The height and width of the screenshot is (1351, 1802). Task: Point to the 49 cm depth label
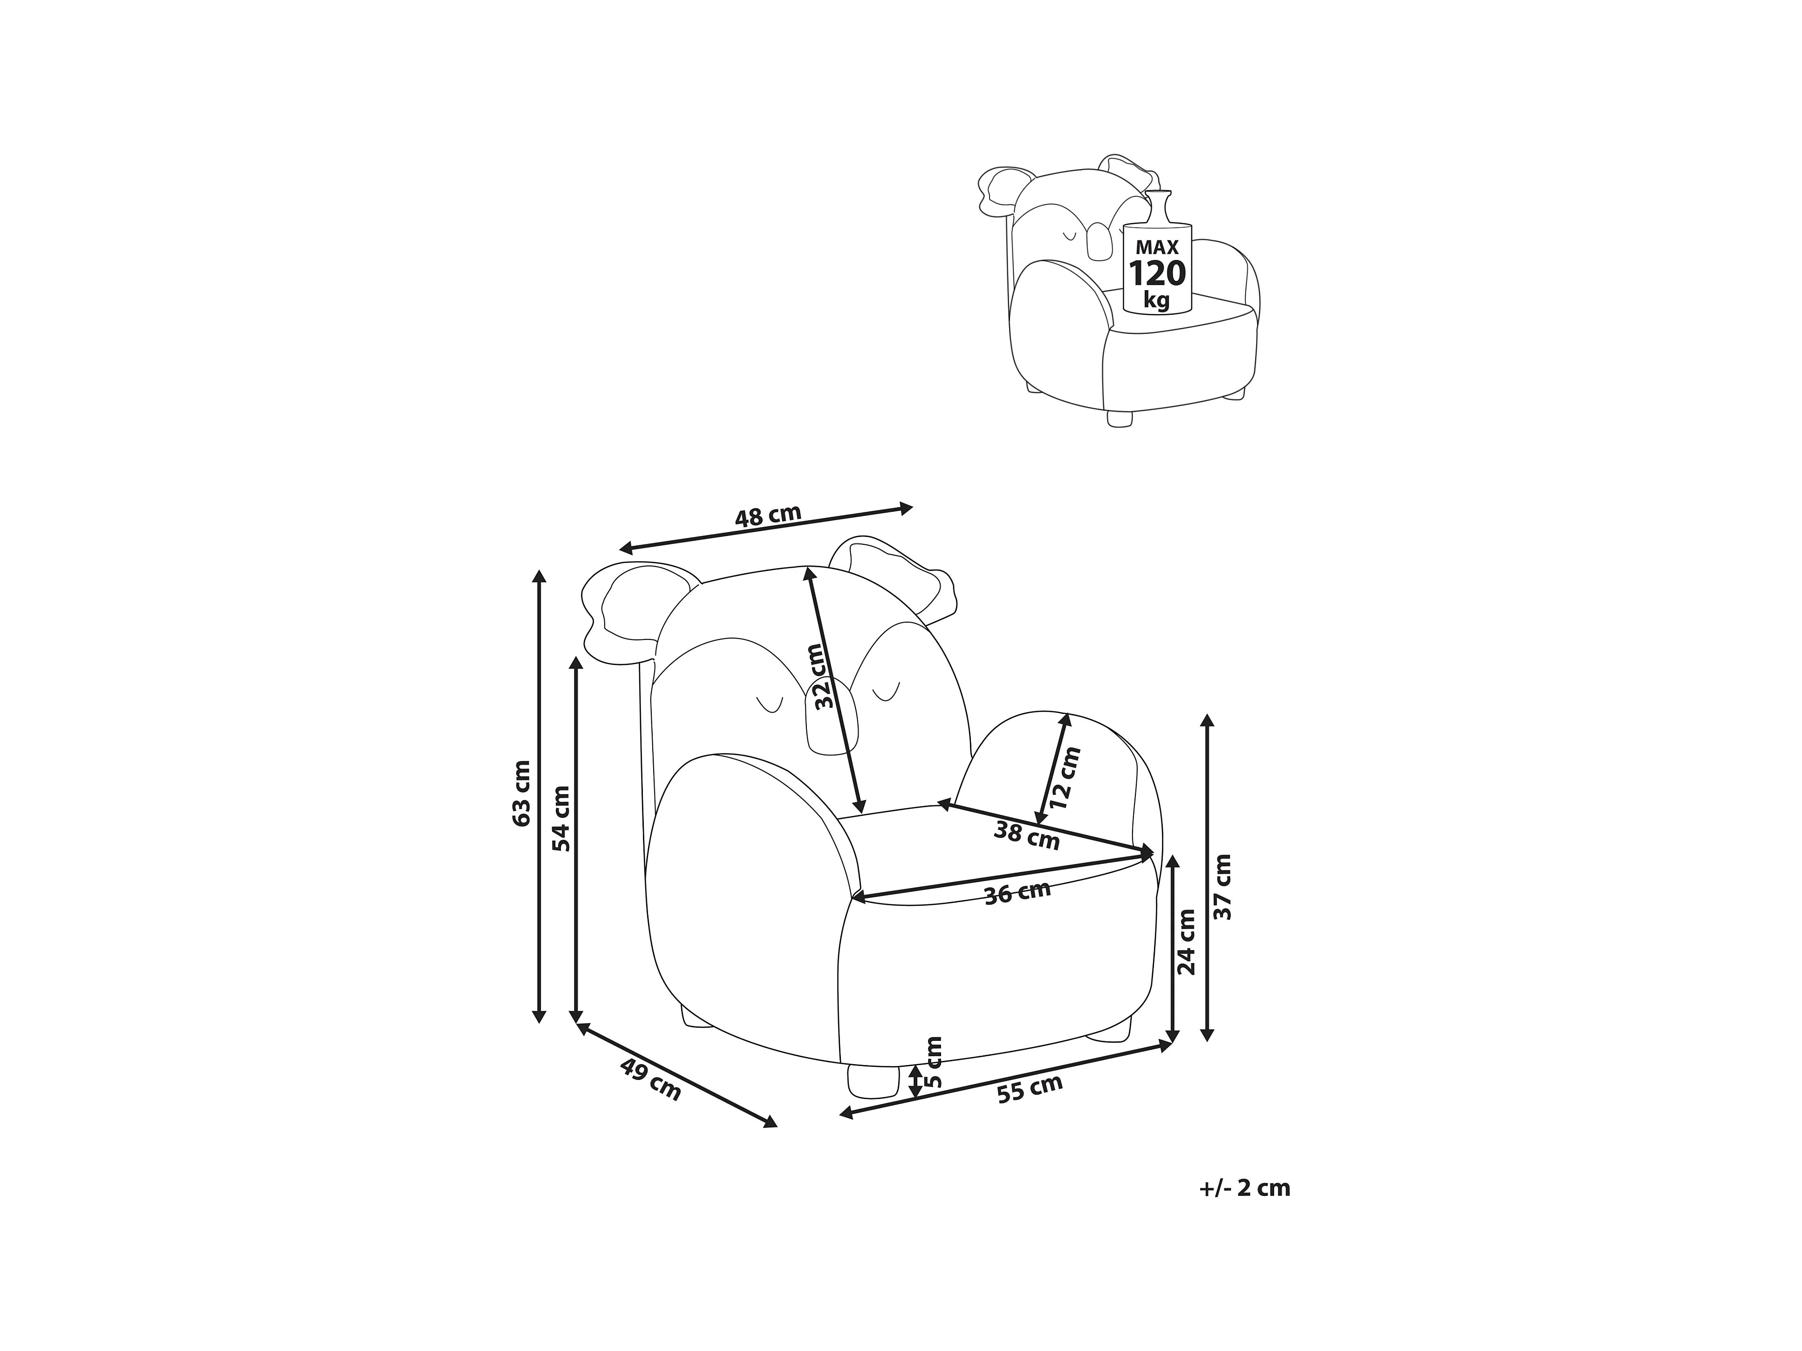[x=650, y=1079]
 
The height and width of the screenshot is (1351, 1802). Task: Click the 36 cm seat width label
[x=1017, y=893]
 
